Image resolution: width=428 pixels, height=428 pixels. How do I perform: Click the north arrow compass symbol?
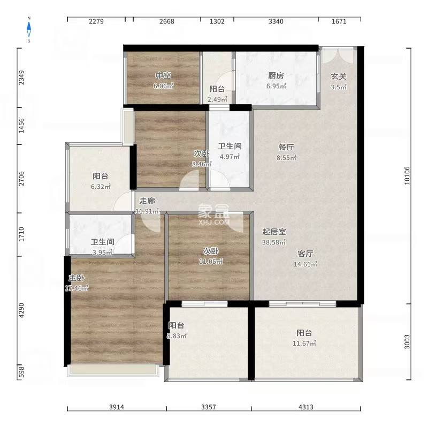[x=29, y=29]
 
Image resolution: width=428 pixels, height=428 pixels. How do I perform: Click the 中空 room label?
[x=163, y=75]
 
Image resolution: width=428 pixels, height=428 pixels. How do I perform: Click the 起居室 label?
[x=274, y=232]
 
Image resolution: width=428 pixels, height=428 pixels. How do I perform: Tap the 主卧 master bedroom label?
[x=75, y=278]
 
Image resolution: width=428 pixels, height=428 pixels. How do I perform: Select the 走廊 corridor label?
[x=147, y=201]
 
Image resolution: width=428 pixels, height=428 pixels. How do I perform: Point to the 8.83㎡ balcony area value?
[x=177, y=336]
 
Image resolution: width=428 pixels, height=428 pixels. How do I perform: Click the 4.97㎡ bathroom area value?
[x=229, y=157]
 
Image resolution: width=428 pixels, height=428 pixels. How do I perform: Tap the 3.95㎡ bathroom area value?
[x=102, y=252]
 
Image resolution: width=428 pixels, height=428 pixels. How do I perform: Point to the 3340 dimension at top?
[x=276, y=21]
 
